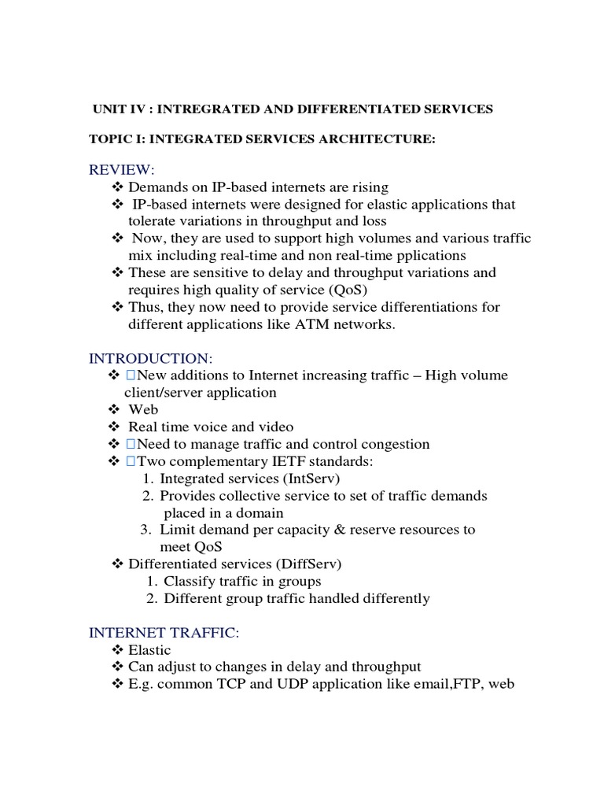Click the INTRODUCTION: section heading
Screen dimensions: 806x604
coord(149,358)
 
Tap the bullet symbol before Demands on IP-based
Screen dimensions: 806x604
coord(118,187)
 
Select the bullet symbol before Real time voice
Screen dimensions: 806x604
coord(114,427)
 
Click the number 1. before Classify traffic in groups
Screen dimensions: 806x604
coord(153,582)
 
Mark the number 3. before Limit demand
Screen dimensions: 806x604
coord(148,530)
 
